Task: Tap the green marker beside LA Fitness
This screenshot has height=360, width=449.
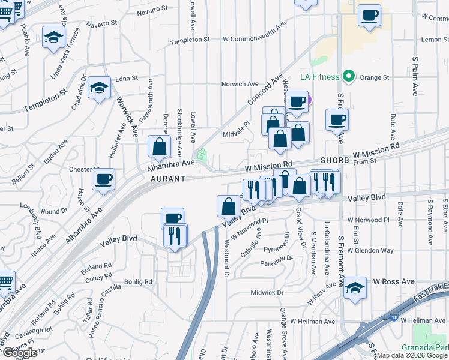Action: [347, 76]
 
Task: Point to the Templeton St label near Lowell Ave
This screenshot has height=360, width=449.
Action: [190, 40]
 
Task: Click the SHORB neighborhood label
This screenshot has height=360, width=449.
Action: [335, 161]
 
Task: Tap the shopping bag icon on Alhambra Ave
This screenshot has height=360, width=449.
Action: [159, 146]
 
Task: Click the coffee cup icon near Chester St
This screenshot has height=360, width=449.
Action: [104, 178]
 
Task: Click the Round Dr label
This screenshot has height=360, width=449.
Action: [55, 211]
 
